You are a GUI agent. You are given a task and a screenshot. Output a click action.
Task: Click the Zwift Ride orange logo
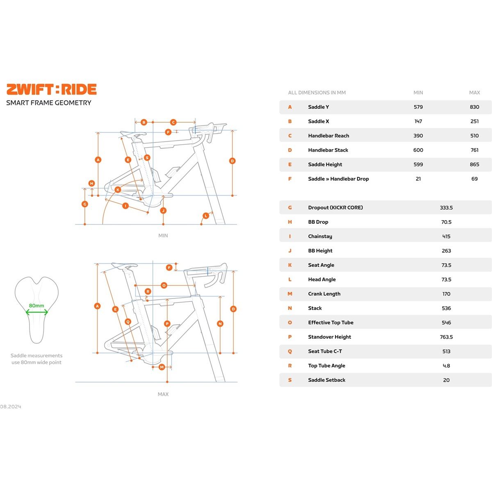(52, 89)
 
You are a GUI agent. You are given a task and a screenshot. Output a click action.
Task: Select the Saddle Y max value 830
(474, 107)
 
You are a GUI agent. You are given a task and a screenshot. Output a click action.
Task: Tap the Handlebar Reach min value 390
(418, 136)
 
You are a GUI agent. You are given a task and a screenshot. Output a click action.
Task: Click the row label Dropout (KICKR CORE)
(335, 207)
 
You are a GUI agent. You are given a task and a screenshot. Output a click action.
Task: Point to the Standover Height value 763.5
(446, 337)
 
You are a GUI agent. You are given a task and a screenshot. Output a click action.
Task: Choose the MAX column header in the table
(474, 93)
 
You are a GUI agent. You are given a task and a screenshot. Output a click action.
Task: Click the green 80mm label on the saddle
(36, 305)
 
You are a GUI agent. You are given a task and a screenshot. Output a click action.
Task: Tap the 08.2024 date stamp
(11, 407)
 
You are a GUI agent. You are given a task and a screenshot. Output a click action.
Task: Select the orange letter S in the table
(290, 380)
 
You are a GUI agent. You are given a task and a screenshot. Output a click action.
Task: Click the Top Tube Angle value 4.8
(446, 366)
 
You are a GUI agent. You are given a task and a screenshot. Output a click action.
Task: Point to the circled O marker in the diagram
(164, 285)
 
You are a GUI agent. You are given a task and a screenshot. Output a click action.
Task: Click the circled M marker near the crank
(162, 367)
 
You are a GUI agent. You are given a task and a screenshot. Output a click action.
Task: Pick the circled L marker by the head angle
(206, 216)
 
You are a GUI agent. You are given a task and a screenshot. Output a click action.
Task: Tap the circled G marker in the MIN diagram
(85, 204)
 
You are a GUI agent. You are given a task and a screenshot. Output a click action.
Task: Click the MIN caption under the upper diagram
(163, 236)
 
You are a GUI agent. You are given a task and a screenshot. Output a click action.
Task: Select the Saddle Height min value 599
(418, 164)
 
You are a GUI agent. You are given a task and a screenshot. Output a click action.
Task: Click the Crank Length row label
(324, 294)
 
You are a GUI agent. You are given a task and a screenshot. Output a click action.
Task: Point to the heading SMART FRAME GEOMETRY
(49, 103)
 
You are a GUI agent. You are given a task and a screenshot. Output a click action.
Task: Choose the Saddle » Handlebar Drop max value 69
(474, 179)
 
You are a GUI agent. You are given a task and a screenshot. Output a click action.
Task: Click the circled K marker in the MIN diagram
(118, 190)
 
